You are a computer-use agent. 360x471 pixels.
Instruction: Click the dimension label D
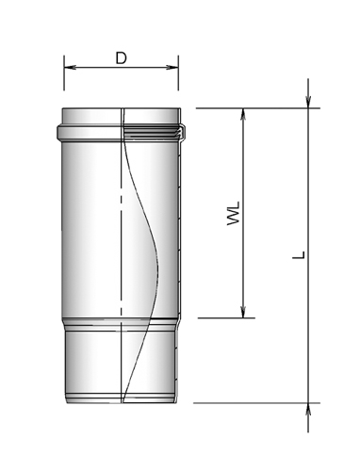[121, 57]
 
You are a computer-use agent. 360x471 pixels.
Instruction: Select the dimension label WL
[233, 212]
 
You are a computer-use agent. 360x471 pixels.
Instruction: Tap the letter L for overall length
[297, 254]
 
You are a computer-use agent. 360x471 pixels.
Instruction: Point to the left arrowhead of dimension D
[69, 68]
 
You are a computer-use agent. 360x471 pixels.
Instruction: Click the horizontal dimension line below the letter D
[121, 68]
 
